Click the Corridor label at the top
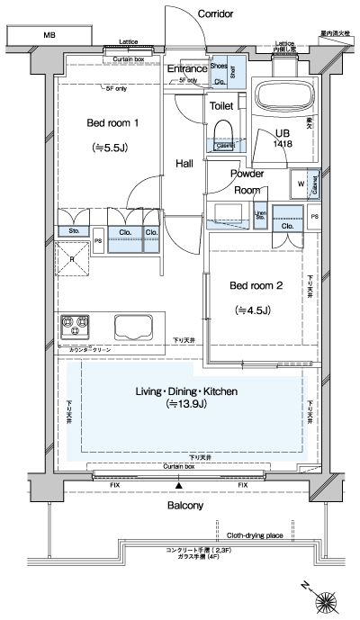tap(215, 14)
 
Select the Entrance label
tap(187, 68)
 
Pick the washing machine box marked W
tap(299, 185)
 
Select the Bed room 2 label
tap(256, 286)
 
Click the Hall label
tap(184, 163)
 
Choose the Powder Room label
tap(247, 182)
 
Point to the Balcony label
tap(185, 506)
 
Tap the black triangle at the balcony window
tap(179, 486)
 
